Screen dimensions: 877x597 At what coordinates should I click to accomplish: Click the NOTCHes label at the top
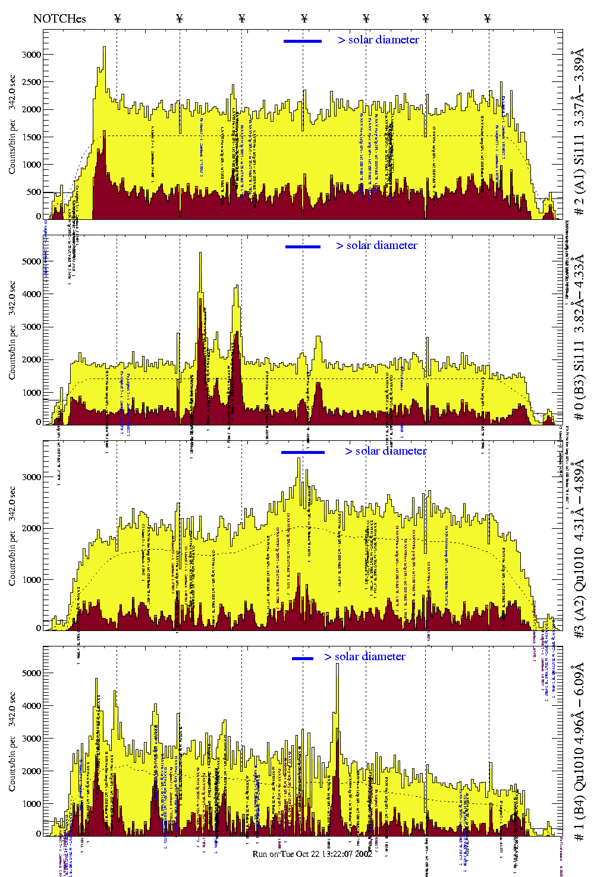coord(59,18)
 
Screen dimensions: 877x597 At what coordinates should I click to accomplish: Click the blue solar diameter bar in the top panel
coord(303,41)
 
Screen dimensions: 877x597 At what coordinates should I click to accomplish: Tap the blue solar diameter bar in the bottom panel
coord(303,658)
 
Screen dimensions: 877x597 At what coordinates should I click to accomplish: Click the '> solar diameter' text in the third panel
coord(385,451)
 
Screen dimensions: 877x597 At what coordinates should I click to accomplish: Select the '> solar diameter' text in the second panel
coord(376,245)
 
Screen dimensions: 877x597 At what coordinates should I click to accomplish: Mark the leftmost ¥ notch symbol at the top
coord(117,18)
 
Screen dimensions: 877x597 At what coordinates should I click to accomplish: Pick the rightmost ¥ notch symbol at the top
coord(488,18)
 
